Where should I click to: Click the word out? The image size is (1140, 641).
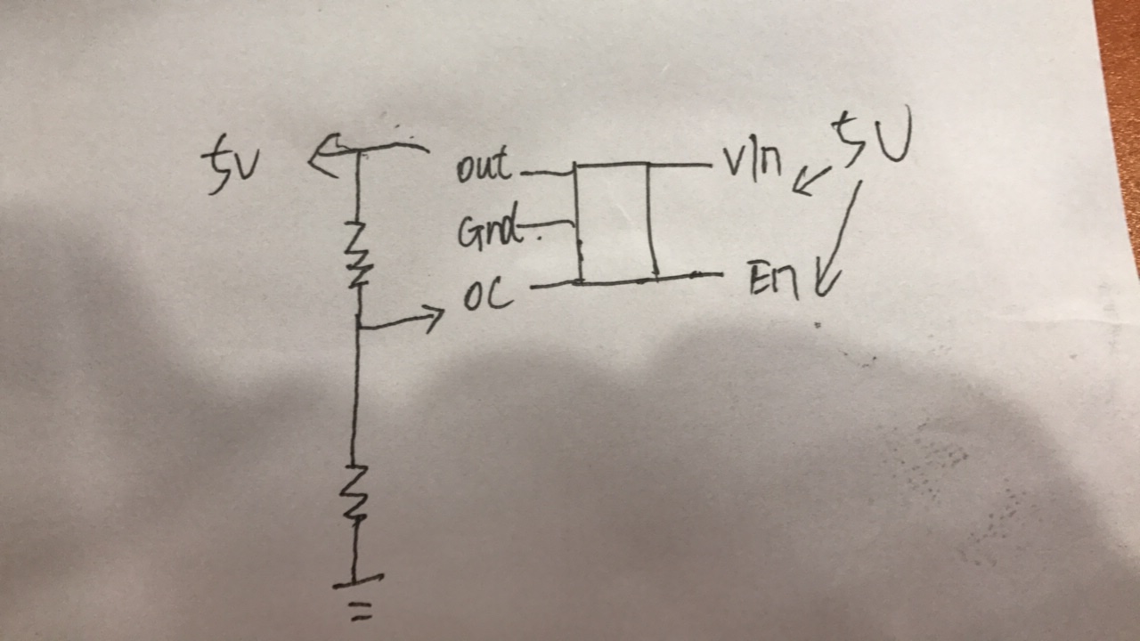[484, 164]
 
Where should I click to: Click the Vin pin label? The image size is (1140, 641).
[753, 162]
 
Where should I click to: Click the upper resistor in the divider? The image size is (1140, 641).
[358, 254]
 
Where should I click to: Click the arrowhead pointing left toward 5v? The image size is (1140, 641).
[325, 155]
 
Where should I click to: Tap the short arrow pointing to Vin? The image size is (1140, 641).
[811, 181]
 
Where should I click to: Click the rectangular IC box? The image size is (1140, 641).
[615, 223]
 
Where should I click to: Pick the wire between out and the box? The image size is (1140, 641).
[547, 173]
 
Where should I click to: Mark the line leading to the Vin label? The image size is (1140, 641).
[680, 165]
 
